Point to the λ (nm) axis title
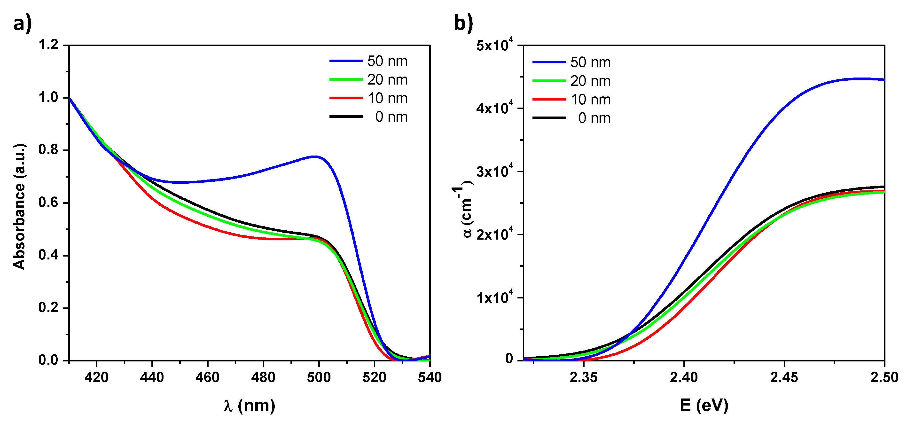click(x=249, y=406)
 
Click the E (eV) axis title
click(x=704, y=406)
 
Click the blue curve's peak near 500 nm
click(x=315, y=156)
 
